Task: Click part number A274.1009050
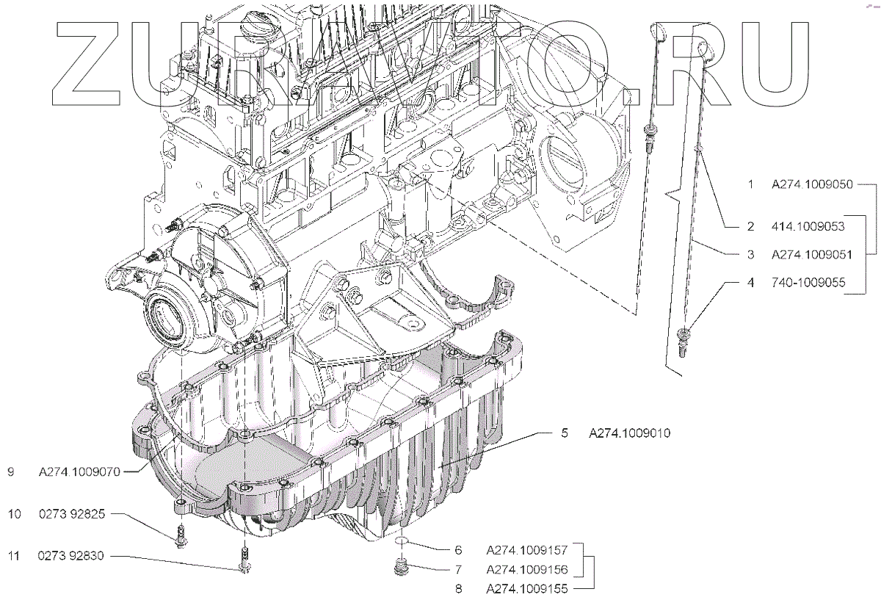tap(811, 185)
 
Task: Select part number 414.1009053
tap(805, 227)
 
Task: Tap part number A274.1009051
tap(811, 255)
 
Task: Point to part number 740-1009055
tap(805, 282)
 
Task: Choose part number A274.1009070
tap(79, 473)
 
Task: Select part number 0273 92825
tap(72, 515)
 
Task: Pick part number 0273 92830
tap(72, 556)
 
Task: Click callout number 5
tap(565, 433)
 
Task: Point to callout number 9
tap(11, 473)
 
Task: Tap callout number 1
tap(750, 185)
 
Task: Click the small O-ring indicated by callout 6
tap(402, 542)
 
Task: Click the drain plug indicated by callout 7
tap(401, 568)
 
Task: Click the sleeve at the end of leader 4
tap(684, 339)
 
